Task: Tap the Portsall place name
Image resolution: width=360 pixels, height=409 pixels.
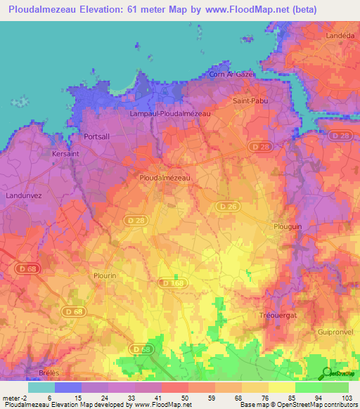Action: pos(97,136)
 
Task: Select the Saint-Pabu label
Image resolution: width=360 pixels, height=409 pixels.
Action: pos(250,100)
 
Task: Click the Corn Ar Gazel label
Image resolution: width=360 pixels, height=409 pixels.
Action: pos(231,74)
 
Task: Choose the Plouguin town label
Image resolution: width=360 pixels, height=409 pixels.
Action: pos(287,226)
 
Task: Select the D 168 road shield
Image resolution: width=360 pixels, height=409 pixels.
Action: pos(172,283)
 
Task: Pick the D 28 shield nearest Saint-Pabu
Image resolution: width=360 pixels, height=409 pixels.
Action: pos(257,146)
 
